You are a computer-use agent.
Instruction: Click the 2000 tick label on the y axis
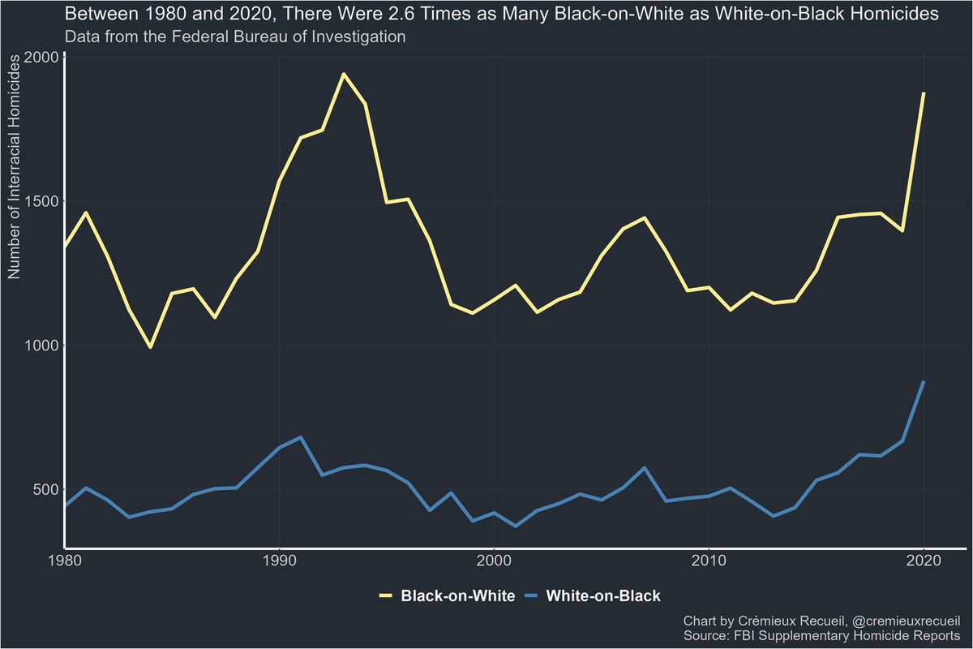[x=39, y=57]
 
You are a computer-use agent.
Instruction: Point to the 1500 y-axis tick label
[x=39, y=201]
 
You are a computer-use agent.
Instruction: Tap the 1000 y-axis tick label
[x=39, y=346]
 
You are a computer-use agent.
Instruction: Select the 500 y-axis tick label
[x=43, y=490]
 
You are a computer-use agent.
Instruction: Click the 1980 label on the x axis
[x=65, y=561]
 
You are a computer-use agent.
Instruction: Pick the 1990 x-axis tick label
[x=280, y=561]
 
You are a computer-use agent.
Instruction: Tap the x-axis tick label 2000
[x=495, y=561]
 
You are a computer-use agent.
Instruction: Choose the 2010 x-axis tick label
[x=709, y=561]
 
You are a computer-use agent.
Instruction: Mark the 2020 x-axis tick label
[x=924, y=561]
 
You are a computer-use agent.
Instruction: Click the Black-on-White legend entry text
[x=458, y=596]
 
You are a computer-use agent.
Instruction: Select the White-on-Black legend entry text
[x=603, y=596]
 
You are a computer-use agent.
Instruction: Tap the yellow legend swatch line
[x=385, y=596]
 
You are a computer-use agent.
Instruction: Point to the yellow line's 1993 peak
[x=344, y=74]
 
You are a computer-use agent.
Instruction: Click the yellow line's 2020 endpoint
[x=924, y=93]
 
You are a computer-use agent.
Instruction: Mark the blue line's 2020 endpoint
[x=924, y=381]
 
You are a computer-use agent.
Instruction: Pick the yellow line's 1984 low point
[x=150, y=347]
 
